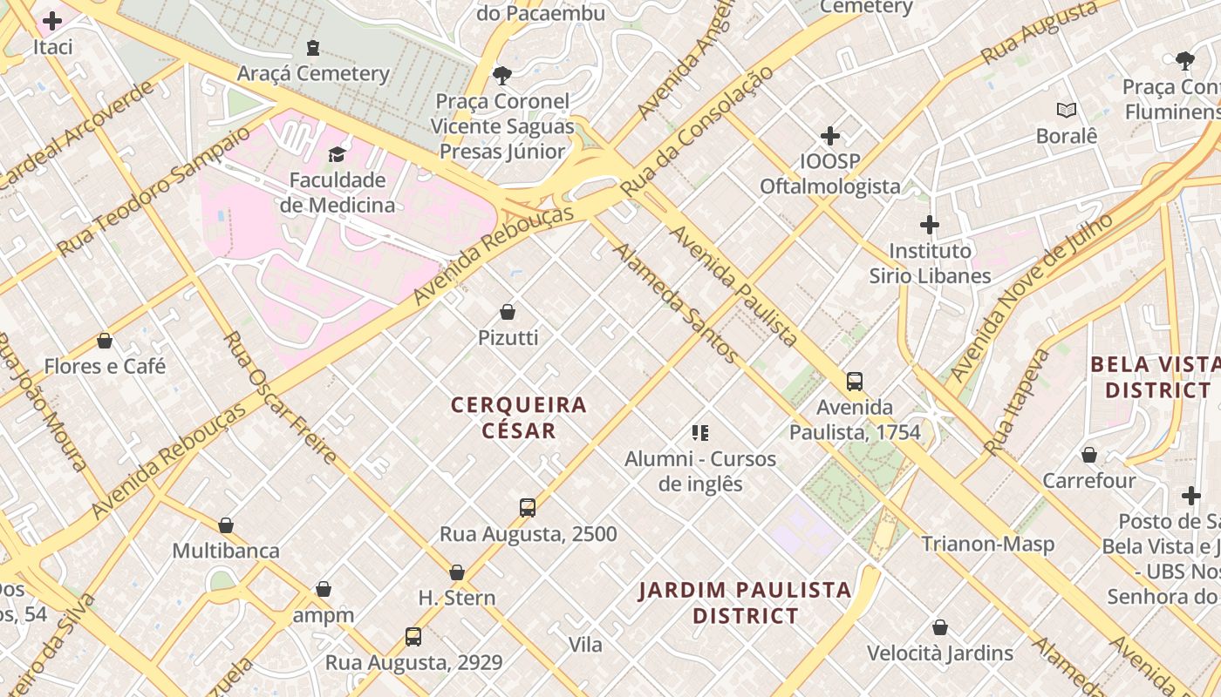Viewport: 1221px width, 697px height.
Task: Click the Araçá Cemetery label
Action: pyautogui.click(x=313, y=73)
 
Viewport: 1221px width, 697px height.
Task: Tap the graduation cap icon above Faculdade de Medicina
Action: pyautogui.click(x=337, y=154)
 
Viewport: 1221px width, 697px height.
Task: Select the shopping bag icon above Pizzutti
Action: pyautogui.click(x=508, y=312)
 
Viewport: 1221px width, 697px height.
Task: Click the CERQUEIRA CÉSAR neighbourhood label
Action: pyautogui.click(x=519, y=417)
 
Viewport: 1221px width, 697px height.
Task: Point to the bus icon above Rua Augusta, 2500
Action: pyautogui.click(x=528, y=508)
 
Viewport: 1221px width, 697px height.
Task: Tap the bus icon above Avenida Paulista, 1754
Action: pyautogui.click(x=855, y=382)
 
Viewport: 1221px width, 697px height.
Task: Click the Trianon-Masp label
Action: pyautogui.click(x=988, y=544)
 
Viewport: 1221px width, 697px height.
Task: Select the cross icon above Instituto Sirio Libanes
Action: pyautogui.click(x=930, y=225)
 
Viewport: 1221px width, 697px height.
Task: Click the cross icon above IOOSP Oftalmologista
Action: pyautogui.click(x=830, y=136)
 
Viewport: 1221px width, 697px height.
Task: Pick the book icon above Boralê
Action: pyautogui.click(x=1066, y=110)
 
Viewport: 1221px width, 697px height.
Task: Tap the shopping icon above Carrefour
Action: pyautogui.click(x=1089, y=455)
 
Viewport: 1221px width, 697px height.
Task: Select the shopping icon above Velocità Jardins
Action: pyautogui.click(x=940, y=627)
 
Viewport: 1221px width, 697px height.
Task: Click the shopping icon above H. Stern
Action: pyautogui.click(x=457, y=572)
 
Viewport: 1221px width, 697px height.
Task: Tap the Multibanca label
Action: pyautogui.click(x=226, y=551)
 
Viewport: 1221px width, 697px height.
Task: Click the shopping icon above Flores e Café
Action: pyautogui.click(x=105, y=341)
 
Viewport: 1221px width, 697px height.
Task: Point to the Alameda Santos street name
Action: pyautogui.click(x=676, y=303)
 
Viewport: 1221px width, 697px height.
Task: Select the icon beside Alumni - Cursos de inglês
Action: pyautogui.click(x=699, y=432)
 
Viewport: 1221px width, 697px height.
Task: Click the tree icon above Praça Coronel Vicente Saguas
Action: pyautogui.click(x=502, y=75)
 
